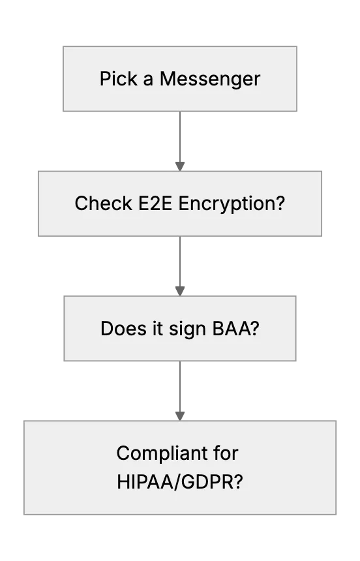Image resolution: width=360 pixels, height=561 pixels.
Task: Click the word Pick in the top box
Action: (x=118, y=78)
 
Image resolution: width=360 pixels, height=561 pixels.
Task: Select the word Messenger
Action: (x=210, y=80)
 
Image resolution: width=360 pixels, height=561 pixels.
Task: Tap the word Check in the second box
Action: (x=104, y=204)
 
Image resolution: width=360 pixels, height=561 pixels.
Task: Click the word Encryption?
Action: (x=232, y=204)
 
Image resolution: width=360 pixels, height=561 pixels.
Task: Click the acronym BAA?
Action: (x=235, y=328)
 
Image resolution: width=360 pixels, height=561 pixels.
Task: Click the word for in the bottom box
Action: (x=226, y=453)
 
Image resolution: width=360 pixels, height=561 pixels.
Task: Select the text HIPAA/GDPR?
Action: (x=179, y=482)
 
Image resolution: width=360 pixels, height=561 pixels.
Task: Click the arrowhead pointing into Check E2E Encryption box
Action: (x=180, y=166)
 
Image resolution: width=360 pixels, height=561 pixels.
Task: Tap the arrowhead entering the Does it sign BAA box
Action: (x=180, y=291)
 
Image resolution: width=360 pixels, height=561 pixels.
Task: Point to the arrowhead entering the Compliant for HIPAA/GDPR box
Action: (x=180, y=416)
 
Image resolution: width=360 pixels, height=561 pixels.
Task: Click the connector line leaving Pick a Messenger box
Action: (x=180, y=137)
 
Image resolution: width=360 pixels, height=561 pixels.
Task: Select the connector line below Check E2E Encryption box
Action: (x=180, y=262)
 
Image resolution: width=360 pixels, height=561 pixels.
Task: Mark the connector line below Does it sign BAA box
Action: (x=180, y=386)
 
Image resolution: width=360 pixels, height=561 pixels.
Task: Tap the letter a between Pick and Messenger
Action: (x=148, y=80)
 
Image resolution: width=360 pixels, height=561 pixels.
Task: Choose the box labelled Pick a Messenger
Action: (x=180, y=79)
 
